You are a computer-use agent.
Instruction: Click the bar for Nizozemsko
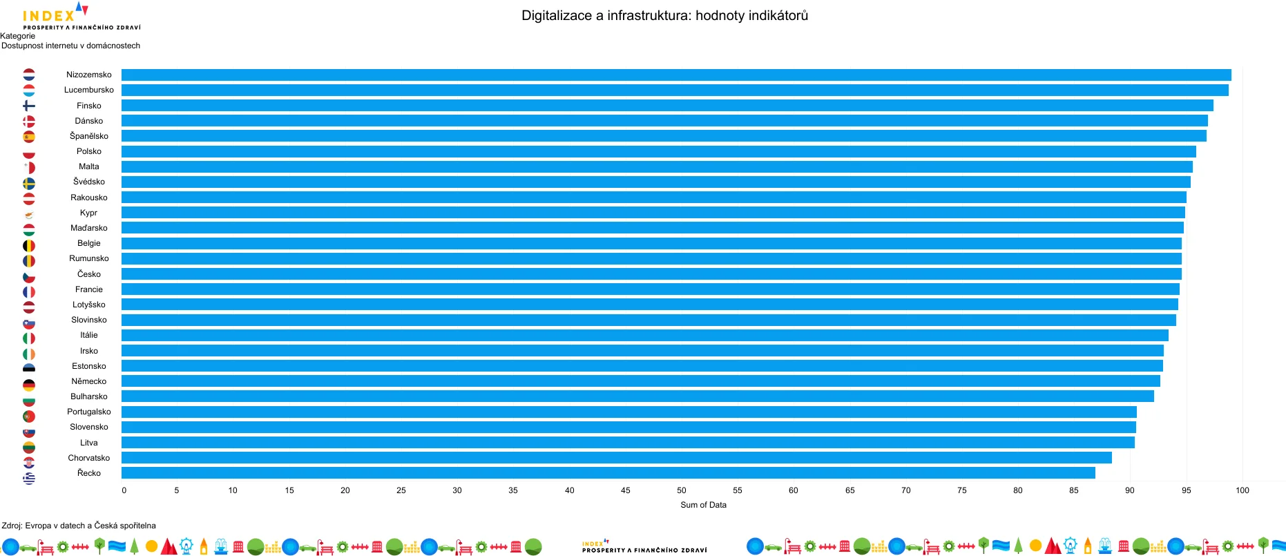(x=675, y=75)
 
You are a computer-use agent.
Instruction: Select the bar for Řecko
(x=608, y=473)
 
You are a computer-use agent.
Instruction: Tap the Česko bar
(x=651, y=274)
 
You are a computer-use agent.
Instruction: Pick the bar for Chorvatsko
(x=616, y=458)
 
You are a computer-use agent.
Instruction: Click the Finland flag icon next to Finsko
(x=29, y=106)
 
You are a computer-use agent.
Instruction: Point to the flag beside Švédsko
(x=29, y=183)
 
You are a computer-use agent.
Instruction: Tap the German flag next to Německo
(x=29, y=385)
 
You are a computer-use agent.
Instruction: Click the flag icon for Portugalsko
(x=29, y=416)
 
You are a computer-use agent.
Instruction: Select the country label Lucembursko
(x=89, y=90)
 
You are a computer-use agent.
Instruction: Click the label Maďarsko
(x=89, y=228)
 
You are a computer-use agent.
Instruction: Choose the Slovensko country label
(x=89, y=427)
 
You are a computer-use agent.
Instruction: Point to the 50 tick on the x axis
(x=682, y=490)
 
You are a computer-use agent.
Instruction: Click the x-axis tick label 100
(x=1242, y=490)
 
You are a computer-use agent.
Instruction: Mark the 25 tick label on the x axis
(x=401, y=490)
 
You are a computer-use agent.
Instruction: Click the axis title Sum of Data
(x=703, y=505)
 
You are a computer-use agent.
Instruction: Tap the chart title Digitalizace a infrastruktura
(x=664, y=15)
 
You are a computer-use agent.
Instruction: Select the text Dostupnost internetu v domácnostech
(x=70, y=46)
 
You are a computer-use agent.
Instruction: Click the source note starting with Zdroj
(x=79, y=526)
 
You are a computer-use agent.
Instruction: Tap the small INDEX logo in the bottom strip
(x=644, y=547)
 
